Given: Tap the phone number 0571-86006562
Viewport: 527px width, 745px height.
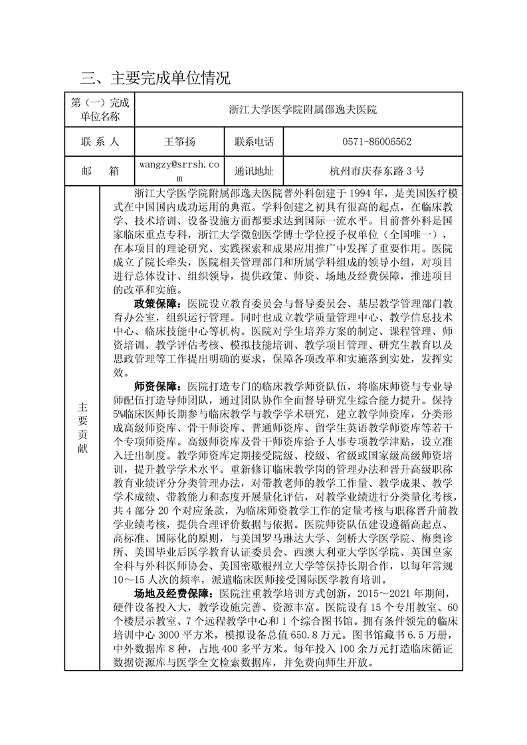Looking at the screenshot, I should (x=376, y=141).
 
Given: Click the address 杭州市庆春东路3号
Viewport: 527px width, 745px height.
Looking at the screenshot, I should (x=376, y=171).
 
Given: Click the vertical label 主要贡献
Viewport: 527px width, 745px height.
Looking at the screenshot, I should (x=82, y=428).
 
